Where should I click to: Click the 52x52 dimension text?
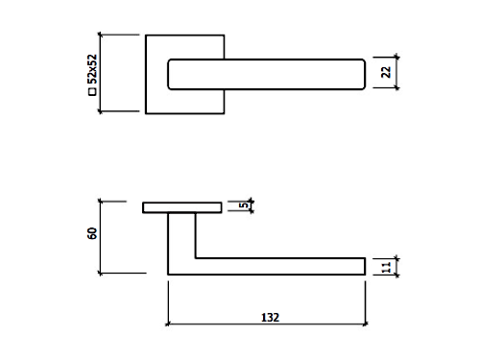click(92, 69)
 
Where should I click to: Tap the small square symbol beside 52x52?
click(92, 92)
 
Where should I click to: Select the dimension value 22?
click(386, 72)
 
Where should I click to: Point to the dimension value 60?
click(92, 233)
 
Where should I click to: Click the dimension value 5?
click(244, 204)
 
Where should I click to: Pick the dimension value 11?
click(387, 267)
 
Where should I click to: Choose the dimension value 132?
click(270, 318)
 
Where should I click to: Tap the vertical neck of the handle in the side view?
click(181, 235)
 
